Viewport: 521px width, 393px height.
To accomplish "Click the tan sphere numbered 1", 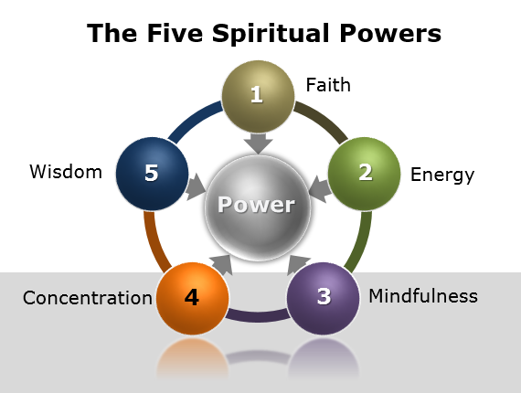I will click(x=258, y=95).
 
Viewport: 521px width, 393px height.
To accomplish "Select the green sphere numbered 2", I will click(x=364, y=173).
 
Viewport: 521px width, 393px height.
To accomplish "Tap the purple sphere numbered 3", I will click(x=324, y=298).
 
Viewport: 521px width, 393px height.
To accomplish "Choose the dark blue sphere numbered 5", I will click(x=152, y=173).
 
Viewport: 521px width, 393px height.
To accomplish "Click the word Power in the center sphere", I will click(x=257, y=204).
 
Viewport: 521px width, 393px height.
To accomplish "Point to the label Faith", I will click(x=328, y=86).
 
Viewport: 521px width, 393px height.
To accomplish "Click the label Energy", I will click(x=442, y=174).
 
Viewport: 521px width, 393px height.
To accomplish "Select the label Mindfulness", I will click(x=422, y=296).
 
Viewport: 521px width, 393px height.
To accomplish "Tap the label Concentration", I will click(x=88, y=298).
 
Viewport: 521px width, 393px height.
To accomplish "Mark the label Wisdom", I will click(x=66, y=171).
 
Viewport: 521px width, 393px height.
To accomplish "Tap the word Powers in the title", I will click(x=391, y=34).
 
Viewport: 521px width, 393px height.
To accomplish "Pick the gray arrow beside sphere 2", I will click(x=318, y=188).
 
